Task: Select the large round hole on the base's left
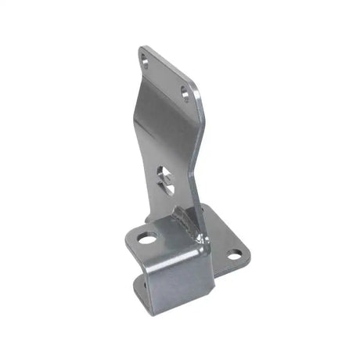tap(147, 237)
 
